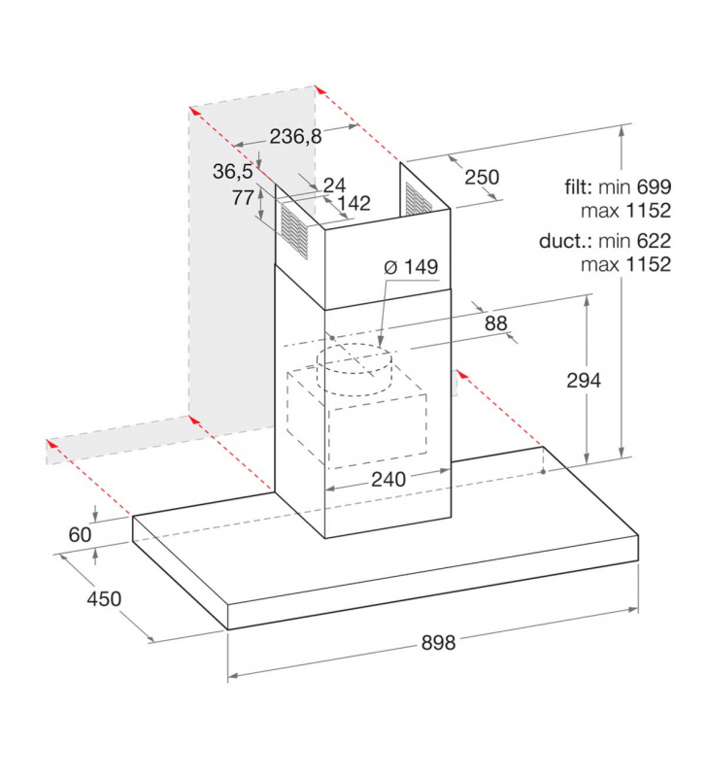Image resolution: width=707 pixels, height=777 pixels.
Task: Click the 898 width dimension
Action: (x=438, y=643)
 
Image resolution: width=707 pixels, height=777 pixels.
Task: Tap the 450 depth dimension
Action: (x=104, y=598)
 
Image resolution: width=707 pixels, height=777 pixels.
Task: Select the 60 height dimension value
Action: (x=81, y=535)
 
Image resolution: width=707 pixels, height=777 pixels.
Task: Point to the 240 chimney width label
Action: (x=388, y=479)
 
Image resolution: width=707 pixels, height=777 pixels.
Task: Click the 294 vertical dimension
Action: (x=584, y=380)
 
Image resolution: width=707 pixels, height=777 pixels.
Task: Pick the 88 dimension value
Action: (x=496, y=323)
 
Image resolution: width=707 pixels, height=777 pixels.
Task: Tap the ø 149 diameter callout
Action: (x=411, y=266)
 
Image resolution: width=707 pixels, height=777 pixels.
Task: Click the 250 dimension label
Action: (x=482, y=177)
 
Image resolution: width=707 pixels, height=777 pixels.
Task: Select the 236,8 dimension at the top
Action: (x=296, y=136)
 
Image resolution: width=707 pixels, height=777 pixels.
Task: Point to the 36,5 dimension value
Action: (x=233, y=172)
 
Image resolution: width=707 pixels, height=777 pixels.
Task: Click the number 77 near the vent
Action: (x=243, y=198)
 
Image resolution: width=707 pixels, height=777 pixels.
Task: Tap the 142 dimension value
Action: (x=354, y=203)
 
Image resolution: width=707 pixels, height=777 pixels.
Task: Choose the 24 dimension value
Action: (x=334, y=186)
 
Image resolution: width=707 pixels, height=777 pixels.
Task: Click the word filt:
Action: (x=578, y=186)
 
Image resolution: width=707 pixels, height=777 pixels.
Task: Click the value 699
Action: (x=654, y=186)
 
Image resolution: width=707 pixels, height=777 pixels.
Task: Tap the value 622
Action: (x=654, y=241)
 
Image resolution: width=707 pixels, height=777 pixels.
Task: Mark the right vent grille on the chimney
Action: (x=418, y=199)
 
